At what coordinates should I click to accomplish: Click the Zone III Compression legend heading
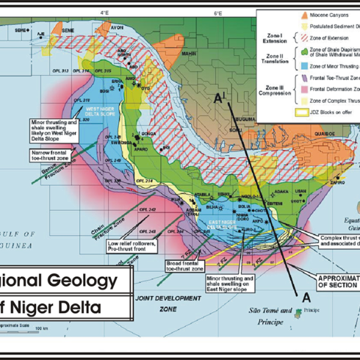(273, 90)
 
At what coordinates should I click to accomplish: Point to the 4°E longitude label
(105, 12)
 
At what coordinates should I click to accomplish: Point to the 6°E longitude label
(217, 12)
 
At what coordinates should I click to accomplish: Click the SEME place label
(67, 30)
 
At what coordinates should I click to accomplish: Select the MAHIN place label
(189, 54)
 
